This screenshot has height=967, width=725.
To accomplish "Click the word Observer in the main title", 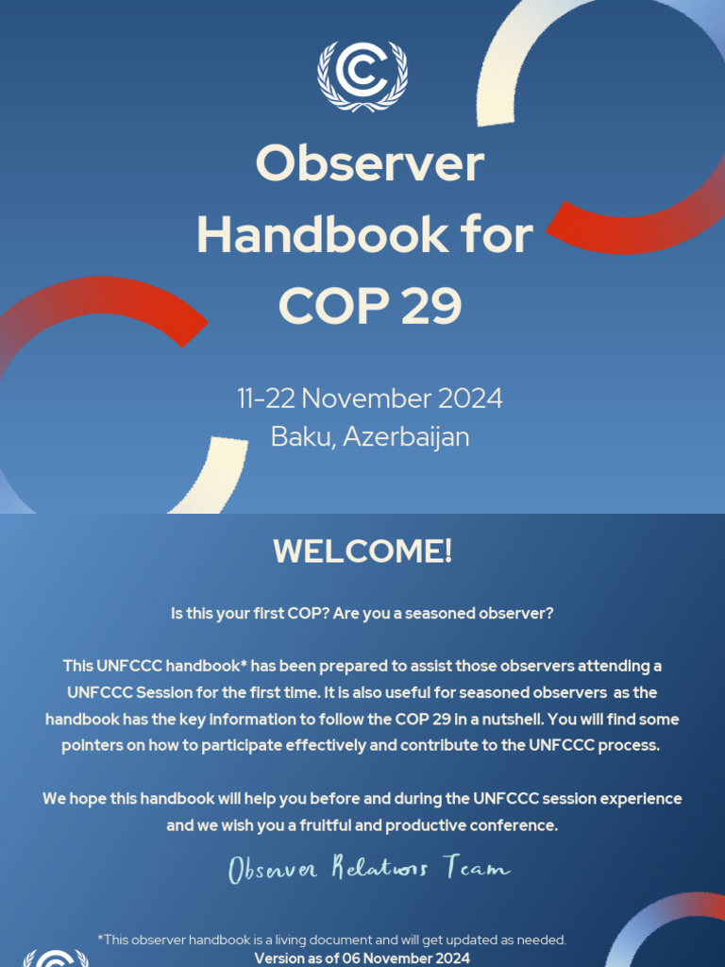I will [x=369, y=163].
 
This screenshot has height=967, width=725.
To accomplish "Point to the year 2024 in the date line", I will [x=469, y=399].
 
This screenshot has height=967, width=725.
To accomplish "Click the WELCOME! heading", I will [x=362, y=551].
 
